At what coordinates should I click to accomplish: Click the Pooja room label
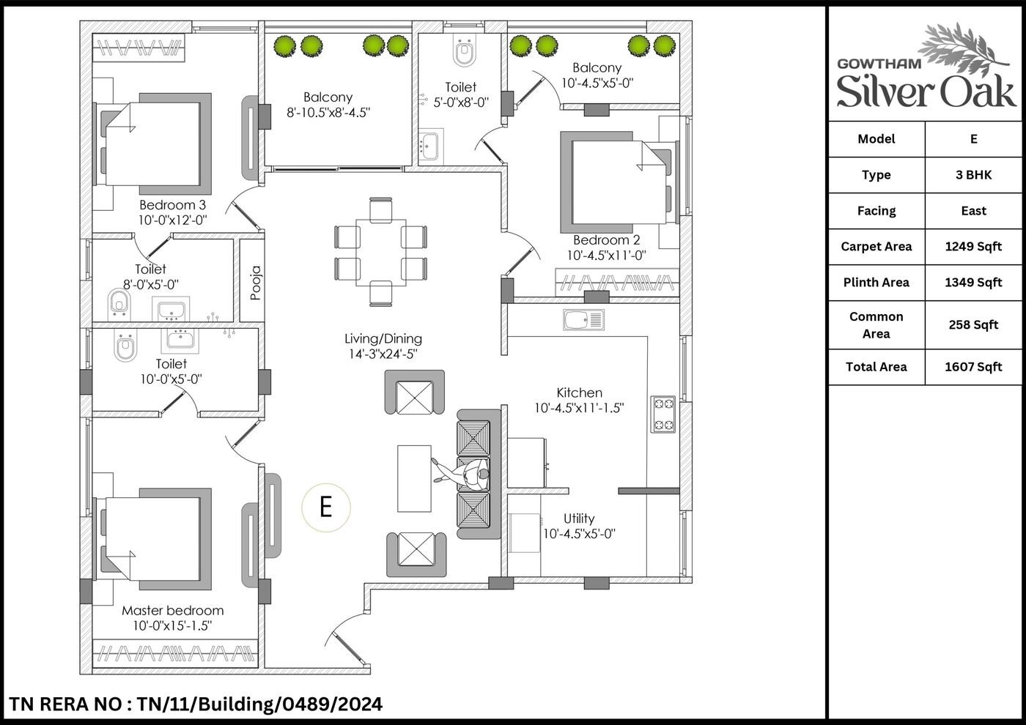pyautogui.click(x=256, y=283)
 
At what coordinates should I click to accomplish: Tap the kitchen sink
pyautogui.click(x=583, y=319)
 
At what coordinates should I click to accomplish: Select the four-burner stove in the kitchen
pyautogui.click(x=663, y=414)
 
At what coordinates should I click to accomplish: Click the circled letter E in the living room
pyautogui.click(x=325, y=508)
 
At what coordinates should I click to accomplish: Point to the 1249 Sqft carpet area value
pyautogui.click(x=973, y=247)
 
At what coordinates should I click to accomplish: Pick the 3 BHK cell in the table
pyautogui.click(x=973, y=175)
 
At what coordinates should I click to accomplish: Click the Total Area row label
pyautogui.click(x=876, y=367)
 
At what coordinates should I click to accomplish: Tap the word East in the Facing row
pyautogui.click(x=973, y=211)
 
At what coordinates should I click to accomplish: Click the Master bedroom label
pyautogui.click(x=173, y=611)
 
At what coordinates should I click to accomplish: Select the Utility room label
pyautogui.click(x=579, y=518)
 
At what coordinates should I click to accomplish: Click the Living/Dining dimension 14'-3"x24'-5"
pyautogui.click(x=383, y=354)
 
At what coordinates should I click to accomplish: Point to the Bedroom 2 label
pyautogui.click(x=607, y=240)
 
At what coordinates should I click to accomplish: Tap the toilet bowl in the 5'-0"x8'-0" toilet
pyautogui.click(x=465, y=51)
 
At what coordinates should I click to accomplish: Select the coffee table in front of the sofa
pyautogui.click(x=414, y=478)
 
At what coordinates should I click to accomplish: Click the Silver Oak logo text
pyautogui.click(x=926, y=92)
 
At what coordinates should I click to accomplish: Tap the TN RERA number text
pyautogui.click(x=196, y=704)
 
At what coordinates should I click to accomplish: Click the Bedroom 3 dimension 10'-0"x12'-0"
pyautogui.click(x=173, y=220)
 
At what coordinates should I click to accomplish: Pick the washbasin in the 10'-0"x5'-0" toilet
pyautogui.click(x=180, y=341)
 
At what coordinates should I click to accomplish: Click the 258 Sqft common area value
pyautogui.click(x=973, y=325)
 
